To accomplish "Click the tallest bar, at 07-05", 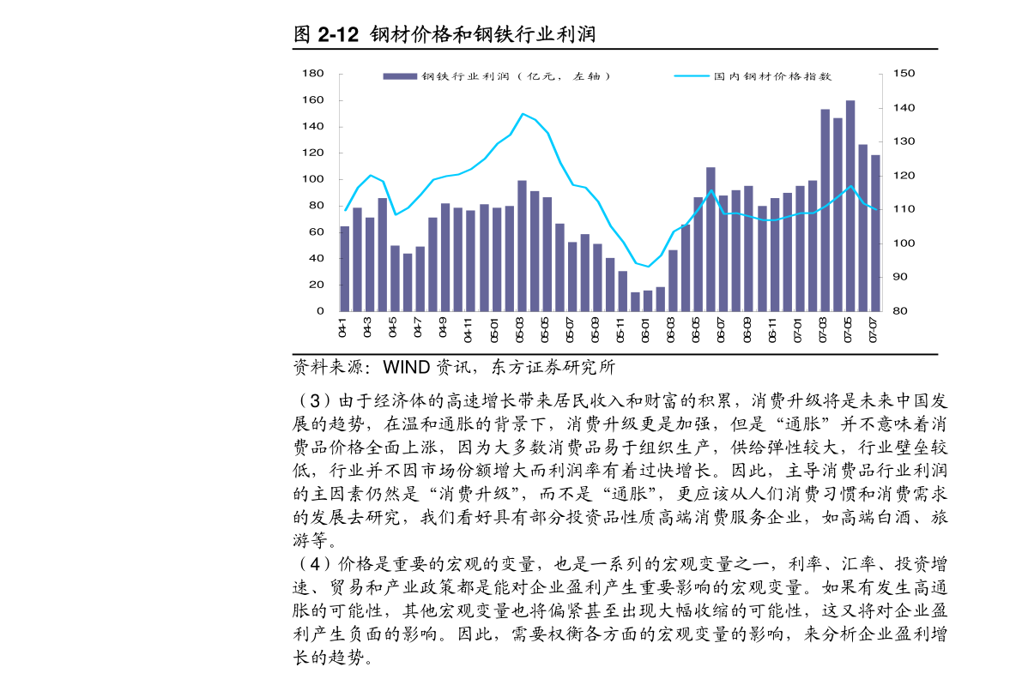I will click(850, 206).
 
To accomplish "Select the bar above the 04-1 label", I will click(345, 268).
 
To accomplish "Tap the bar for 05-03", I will click(522, 246).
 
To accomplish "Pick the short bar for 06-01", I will click(648, 301).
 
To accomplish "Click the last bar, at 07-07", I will click(875, 233).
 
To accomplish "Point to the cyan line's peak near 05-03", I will click(523, 114).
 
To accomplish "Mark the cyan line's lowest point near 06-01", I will click(648, 267).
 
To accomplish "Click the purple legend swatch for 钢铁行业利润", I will click(399, 76).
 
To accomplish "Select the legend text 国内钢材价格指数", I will click(772, 76).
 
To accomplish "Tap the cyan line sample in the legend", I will click(692, 76).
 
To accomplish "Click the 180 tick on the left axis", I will click(312, 75).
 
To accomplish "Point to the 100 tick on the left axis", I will click(312, 180).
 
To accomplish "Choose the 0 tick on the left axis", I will click(318, 311).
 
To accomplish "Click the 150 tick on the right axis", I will click(904, 75).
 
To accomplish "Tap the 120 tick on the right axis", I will click(904, 176).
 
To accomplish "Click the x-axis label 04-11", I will click(469, 330).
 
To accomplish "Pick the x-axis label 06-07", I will click(722, 330).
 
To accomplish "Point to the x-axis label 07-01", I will click(798, 330).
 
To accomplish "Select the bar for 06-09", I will click(748, 249).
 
